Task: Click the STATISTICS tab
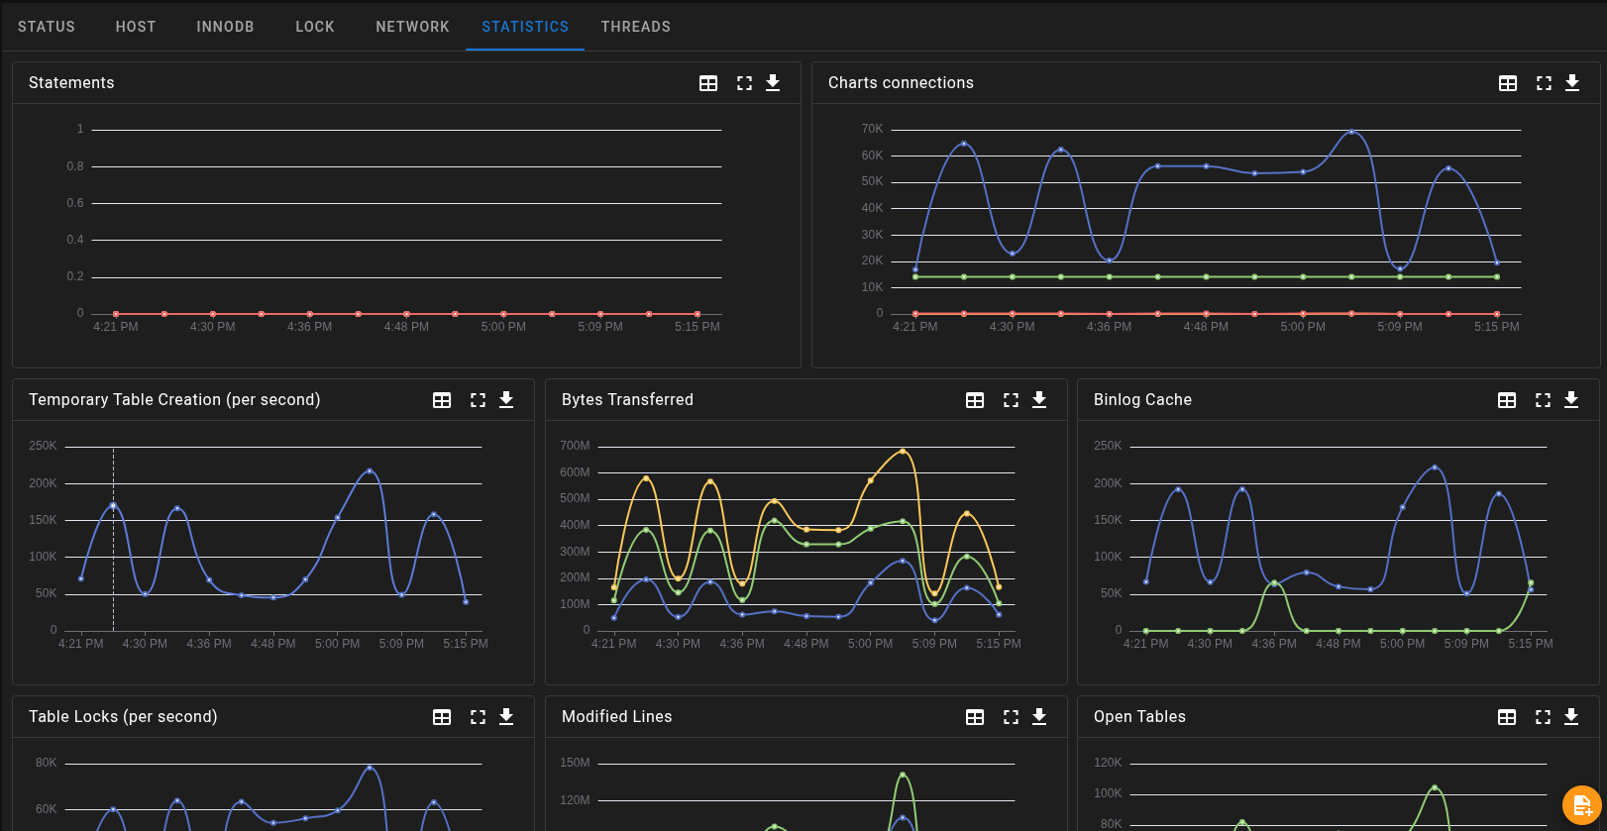[525, 27]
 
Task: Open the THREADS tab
[635, 27]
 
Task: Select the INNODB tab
[225, 27]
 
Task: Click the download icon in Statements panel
[773, 83]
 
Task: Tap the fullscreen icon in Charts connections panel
[1544, 83]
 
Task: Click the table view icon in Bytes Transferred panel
[975, 400]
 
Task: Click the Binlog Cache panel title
[1142, 400]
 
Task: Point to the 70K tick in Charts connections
[872, 129]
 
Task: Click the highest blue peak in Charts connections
[1351, 131]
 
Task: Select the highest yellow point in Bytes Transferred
[903, 451]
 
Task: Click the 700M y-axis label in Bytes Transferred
[575, 446]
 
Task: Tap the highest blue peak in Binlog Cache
[1435, 467]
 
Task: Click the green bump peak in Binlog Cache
[1274, 582]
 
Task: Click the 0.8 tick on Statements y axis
[75, 166]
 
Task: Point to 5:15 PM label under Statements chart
[697, 327]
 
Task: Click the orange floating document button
[1581, 804]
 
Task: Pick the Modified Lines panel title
[616, 717]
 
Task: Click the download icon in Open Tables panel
[1571, 717]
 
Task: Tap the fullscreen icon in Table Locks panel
[478, 717]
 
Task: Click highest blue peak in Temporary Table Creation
[370, 470]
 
